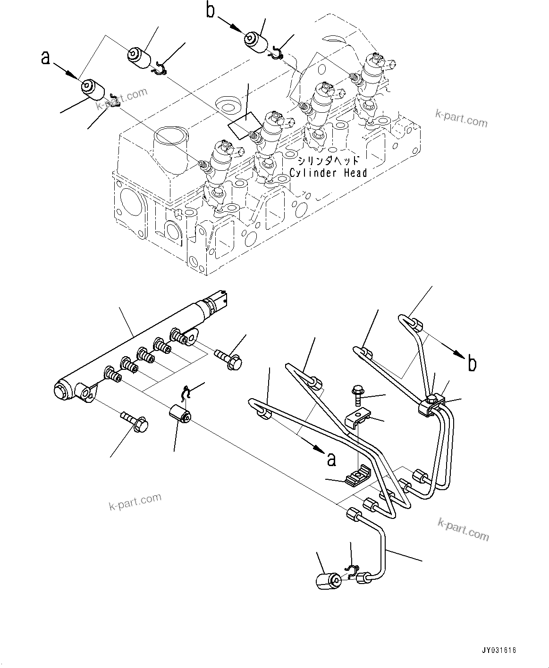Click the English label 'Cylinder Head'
[x=328, y=173]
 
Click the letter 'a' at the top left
[x=45, y=58]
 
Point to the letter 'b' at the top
[x=211, y=10]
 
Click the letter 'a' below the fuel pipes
[x=332, y=459]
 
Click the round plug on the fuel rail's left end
[x=63, y=391]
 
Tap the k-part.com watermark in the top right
[x=461, y=119]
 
